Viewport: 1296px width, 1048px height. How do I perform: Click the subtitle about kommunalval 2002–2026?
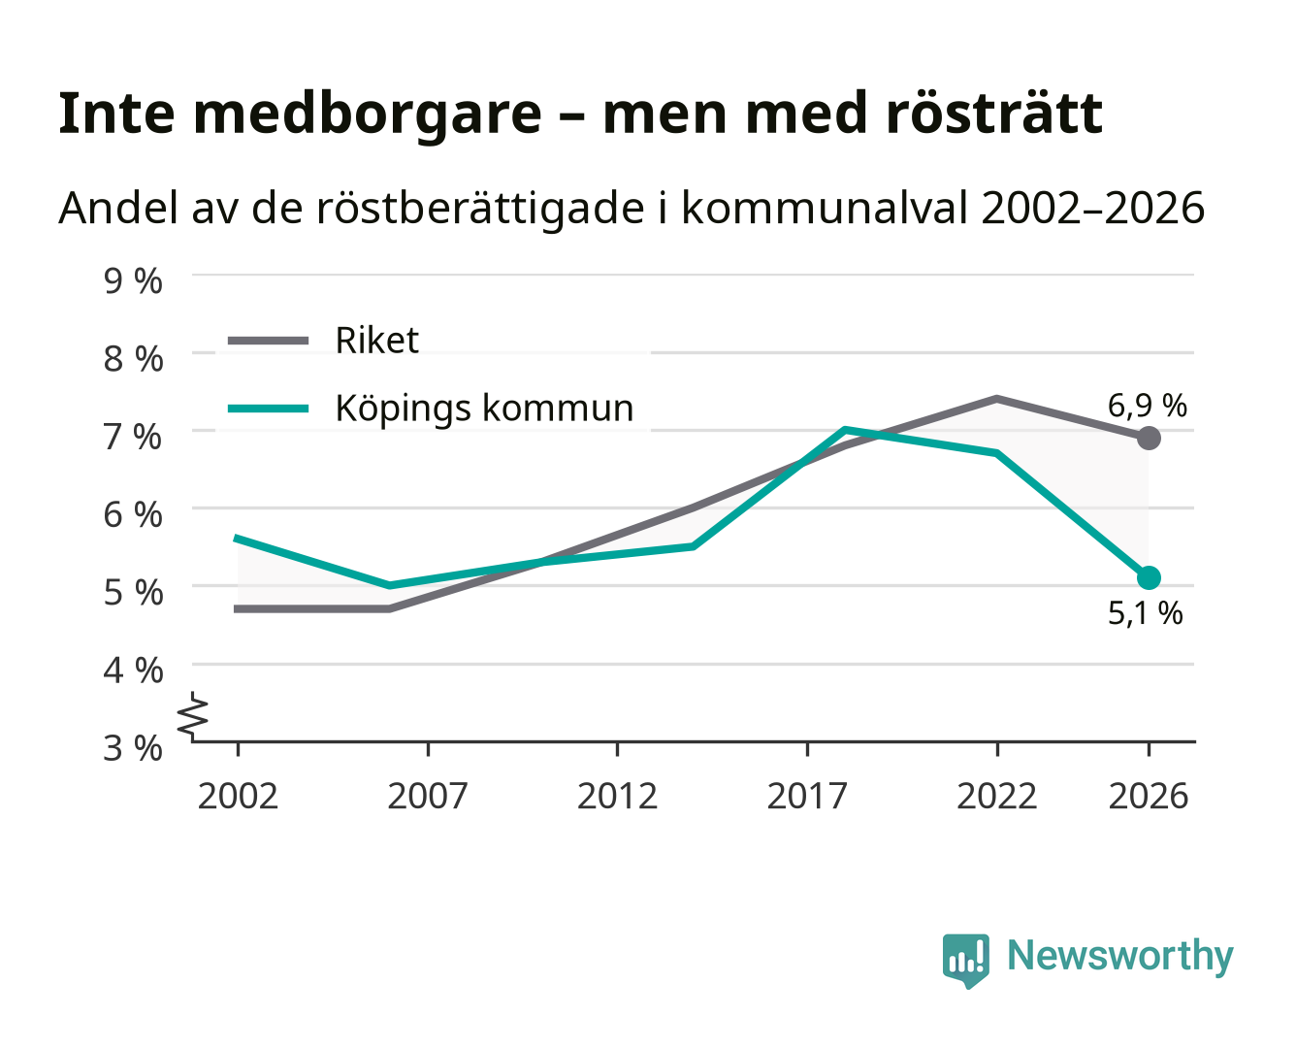(x=631, y=209)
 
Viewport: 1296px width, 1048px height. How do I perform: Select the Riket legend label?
(x=376, y=340)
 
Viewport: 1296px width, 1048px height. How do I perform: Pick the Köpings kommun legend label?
(x=484, y=408)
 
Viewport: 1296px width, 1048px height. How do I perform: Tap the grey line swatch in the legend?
(x=268, y=341)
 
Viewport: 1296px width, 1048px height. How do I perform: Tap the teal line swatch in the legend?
(x=268, y=409)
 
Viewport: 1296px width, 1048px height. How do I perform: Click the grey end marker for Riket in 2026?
(x=1149, y=438)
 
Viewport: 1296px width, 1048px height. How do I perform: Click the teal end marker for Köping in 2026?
(x=1149, y=577)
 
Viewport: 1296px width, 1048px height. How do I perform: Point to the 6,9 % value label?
(x=1147, y=406)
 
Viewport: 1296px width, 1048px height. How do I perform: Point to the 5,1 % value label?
(x=1145, y=613)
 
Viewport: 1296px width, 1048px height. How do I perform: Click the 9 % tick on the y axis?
(x=133, y=281)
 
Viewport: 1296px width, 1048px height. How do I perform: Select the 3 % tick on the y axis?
(x=133, y=748)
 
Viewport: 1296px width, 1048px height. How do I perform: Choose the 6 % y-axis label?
(x=133, y=515)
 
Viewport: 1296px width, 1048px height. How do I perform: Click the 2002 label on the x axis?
(x=238, y=796)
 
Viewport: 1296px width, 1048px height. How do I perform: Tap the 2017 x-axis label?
(x=807, y=796)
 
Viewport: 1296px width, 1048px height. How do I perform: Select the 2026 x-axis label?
(x=1149, y=796)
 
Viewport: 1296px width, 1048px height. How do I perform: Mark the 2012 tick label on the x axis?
(x=617, y=796)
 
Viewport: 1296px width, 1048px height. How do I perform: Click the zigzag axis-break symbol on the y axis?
(x=193, y=716)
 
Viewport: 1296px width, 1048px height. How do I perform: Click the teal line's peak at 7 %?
(x=845, y=430)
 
